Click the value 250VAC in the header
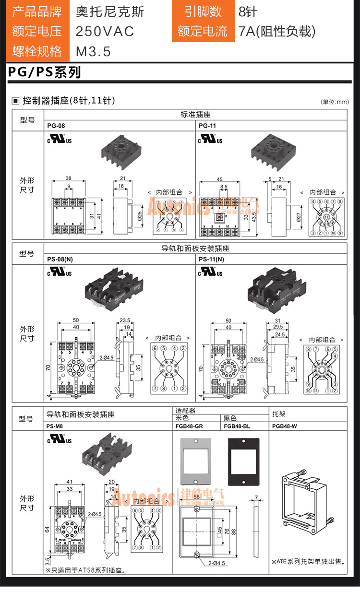(x=105, y=32)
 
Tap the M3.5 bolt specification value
(x=93, y=51)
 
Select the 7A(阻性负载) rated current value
(x=277, y=32)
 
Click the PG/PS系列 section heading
(x=44, y=72)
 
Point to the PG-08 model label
(x=56, y=126)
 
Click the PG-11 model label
(x=206, y=126)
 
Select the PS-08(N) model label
(x=60, y=260)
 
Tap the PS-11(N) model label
(x=211, y=260)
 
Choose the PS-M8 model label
(x=55, y=426)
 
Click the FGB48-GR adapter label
(x=189, y=426)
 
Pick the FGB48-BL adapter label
(x=237, y=426)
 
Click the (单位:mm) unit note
(x=335, y=102)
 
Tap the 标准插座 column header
(x=195, y=115)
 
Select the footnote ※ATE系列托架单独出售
(x=308, y=562)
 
